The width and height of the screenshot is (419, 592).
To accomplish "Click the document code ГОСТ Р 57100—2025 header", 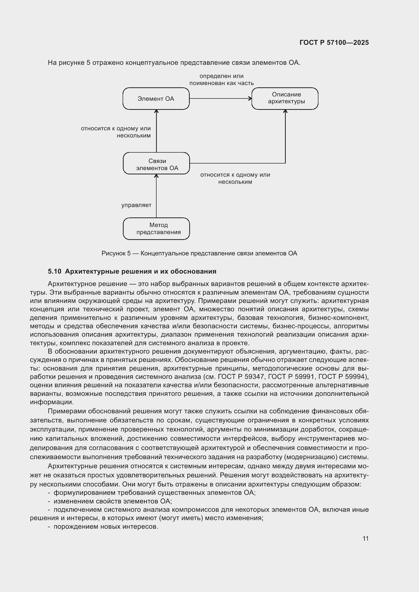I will coord(334,43).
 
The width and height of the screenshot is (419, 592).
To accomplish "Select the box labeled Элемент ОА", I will coord(156,99).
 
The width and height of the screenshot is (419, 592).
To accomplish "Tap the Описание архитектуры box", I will coord(285,98).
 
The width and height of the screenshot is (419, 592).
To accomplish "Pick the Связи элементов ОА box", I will coord(156,163).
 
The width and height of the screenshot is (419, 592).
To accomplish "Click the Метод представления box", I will coord(156,229).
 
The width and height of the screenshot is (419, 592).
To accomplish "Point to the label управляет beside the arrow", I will coord(136,205).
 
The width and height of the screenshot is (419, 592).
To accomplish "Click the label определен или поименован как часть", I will coord(221,80).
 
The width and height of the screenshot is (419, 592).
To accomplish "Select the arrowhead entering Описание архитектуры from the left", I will coord(250,98).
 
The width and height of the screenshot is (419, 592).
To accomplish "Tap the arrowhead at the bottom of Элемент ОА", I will coord(156,111).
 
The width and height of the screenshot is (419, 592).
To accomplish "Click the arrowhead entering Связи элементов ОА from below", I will coord(156,176).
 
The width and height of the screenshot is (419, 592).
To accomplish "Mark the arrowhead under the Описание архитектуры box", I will coord(285,111).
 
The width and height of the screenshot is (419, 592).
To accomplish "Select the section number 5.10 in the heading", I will coord(54,272).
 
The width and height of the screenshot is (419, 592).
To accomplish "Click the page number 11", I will coord(365,539).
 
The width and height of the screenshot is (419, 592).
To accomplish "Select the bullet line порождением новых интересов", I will coord(106,527).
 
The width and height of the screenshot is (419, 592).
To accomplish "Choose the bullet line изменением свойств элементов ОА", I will coord(112,501).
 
